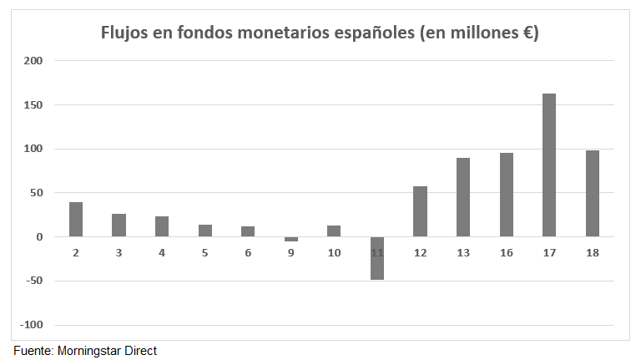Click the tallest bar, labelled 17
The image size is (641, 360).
pos(549,165)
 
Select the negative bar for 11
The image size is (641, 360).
pos(377,258)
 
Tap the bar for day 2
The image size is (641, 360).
pos(76,219)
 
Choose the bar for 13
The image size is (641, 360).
pos(463,197)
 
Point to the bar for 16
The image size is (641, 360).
pos(507,195)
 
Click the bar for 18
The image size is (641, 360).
pos(593,193)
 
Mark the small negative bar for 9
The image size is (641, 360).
pos(291,240)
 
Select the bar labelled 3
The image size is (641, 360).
pos(119,225)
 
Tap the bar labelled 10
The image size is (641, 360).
pos(334,231)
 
